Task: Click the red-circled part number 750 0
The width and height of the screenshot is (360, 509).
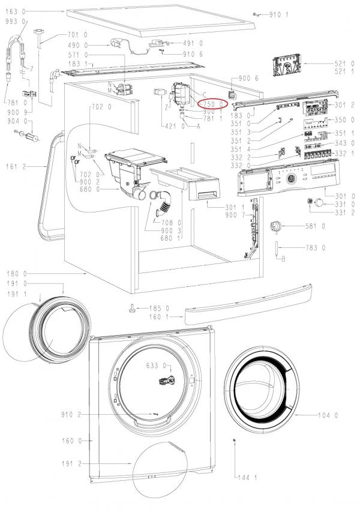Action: (213, 104)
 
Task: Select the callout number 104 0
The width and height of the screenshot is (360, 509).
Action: (328, 415)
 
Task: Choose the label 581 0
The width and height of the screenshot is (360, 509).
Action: (315, 226)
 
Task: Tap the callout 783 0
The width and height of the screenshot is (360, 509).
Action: (315, 247)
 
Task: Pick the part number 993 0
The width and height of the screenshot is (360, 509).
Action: (12, 21)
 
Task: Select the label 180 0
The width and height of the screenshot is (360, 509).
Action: (14, 273)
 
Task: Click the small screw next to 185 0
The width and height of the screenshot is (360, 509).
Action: (131, 309)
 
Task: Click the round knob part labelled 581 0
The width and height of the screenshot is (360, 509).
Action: (277, 226)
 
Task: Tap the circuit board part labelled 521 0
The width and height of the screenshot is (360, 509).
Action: (287, 67)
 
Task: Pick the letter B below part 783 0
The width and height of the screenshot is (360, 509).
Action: (283, 259)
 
